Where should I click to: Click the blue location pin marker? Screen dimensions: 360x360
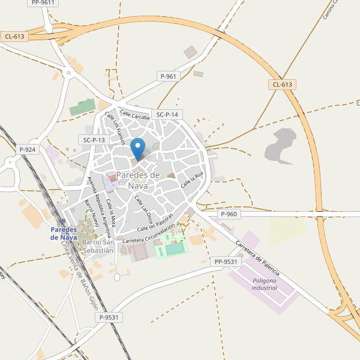click(139, 148)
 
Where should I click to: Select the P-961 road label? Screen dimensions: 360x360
click(169, 76)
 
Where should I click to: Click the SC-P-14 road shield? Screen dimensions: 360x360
click(167, 115)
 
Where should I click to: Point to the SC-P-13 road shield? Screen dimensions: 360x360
click(94, 140)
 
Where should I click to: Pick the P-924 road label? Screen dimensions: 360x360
click(28, 149)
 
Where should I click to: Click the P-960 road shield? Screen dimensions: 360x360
click(229, 214)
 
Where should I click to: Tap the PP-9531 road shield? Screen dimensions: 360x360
click(226, 262)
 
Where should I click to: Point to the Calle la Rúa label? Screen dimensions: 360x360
click(193, 178)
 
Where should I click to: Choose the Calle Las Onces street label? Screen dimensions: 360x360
click(144, 207)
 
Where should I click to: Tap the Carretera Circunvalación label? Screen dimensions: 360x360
click(148, 234)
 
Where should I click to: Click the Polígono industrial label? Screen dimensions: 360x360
click(265, 284)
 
